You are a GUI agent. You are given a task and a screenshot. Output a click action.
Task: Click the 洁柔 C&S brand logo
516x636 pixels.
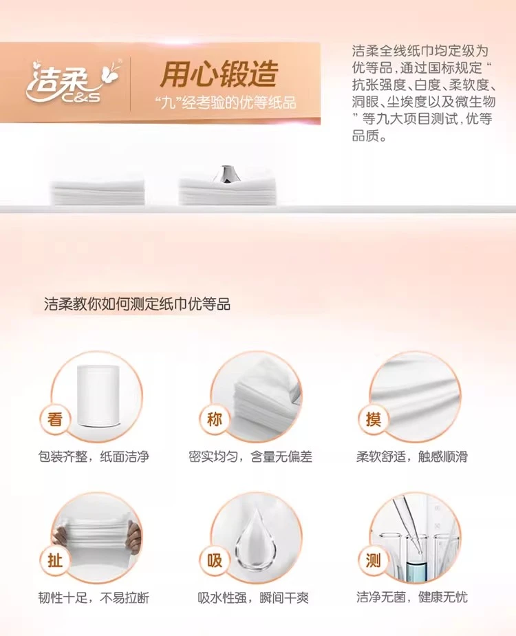73,81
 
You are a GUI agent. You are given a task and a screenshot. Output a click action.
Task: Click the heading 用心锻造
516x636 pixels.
219,74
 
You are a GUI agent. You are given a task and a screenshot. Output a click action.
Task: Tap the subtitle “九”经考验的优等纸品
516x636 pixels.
226,103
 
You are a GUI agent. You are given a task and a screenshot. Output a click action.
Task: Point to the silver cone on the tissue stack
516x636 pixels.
226,173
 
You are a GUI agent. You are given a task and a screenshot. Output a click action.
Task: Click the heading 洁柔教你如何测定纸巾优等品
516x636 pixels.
137,304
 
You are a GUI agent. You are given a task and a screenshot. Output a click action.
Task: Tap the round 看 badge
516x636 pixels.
55,419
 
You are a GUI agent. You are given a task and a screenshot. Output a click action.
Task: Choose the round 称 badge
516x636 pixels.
214,419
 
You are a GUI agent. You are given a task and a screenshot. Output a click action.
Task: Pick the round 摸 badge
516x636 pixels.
374,419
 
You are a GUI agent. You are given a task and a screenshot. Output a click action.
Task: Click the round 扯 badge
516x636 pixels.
55,560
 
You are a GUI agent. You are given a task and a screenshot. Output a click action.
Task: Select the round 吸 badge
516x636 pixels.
214,560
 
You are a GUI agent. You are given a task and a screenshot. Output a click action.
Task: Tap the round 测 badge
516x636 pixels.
374,560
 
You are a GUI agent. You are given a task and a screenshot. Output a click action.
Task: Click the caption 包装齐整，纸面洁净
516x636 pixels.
94,457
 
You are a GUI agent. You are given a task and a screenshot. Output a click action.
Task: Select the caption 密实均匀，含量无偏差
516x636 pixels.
250,457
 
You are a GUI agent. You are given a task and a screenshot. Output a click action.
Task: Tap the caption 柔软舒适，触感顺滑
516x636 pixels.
412,457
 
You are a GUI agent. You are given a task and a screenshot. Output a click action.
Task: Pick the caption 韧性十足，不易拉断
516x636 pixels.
94,597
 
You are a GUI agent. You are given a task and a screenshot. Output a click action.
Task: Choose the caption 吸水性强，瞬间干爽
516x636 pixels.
253,597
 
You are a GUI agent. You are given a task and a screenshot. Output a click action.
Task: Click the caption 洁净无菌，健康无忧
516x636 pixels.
412,597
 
